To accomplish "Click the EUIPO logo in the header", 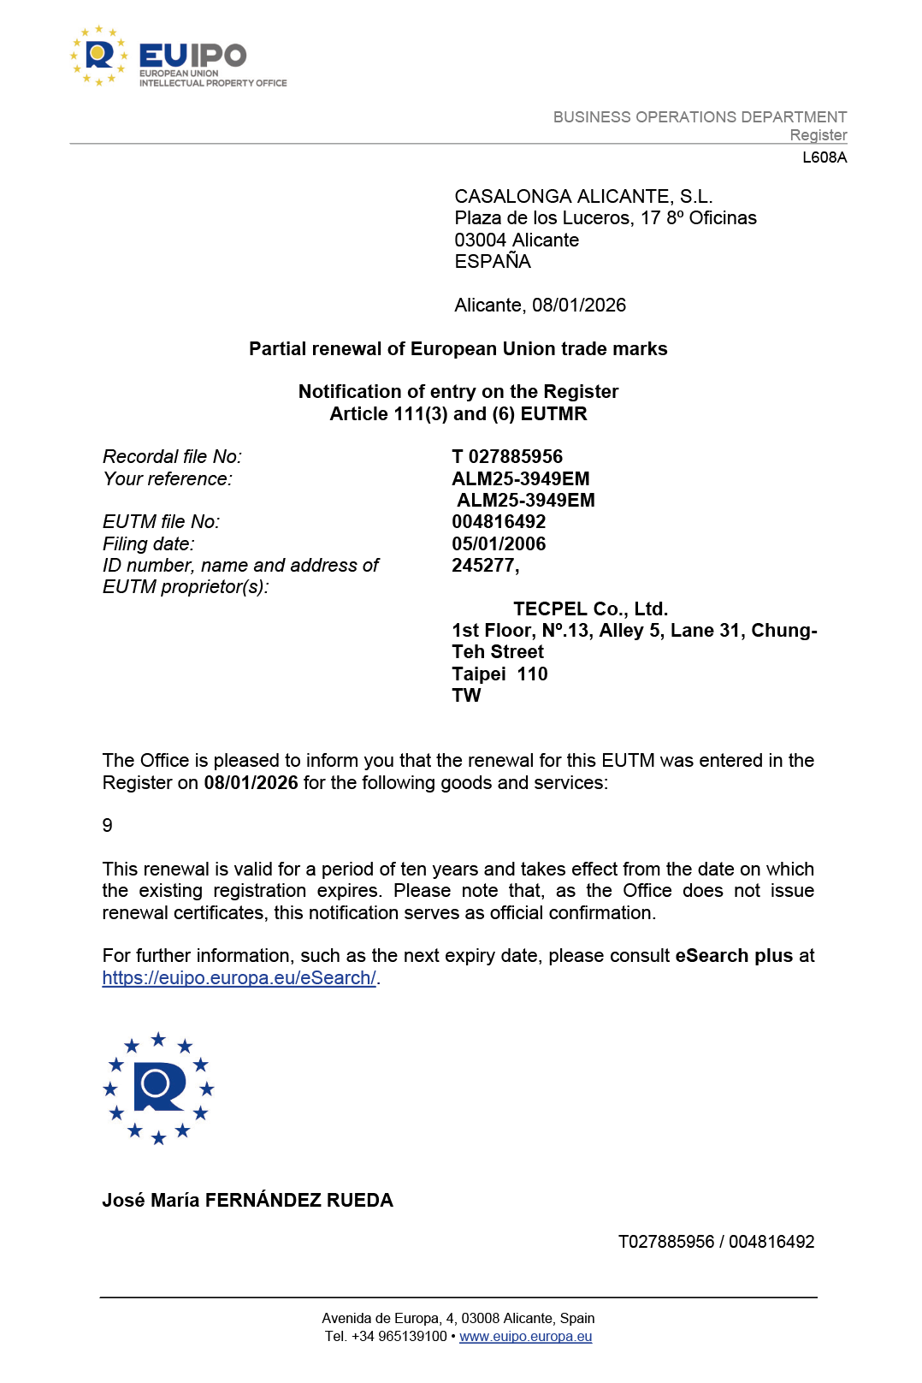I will (x=179, y=56).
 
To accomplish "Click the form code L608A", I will (x=824, y=157).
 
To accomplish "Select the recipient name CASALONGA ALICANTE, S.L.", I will (x=583, y=197).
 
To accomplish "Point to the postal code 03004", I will (x=480, y=240).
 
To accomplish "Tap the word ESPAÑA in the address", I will (x=493, y=262).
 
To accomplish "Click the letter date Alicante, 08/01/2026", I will (x=540, y=306).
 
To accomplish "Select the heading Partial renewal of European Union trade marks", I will (x=458, y=349).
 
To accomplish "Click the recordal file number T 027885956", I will (x=507, y=457).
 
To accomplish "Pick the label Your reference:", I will (x=168, y=479).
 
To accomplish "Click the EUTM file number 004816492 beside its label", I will (x=499, y=522).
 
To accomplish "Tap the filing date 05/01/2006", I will (x=499, y=544).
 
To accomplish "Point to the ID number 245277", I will (x=484, y=566).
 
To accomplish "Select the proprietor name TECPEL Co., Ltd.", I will (x=590, y=609).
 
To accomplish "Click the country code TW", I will (x=466, y=696).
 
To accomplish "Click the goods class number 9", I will (x=108, y=826).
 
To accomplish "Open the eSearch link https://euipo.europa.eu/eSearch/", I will (x=239, y=978).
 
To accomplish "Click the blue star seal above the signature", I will (x=158, y=1089).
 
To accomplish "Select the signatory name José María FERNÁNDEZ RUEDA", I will (x=247, y=1201).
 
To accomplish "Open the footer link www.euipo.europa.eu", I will (x=525, y=1337).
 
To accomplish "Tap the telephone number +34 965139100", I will (x=399, y=1337).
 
